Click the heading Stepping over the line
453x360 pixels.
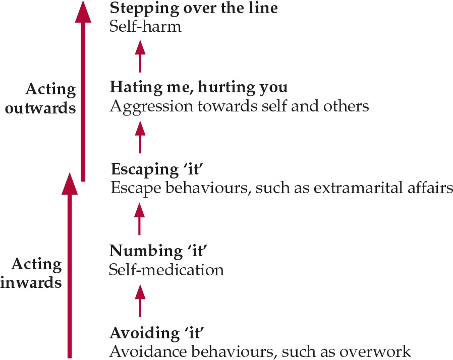click(194, 8)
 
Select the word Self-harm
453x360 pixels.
click(145, 26)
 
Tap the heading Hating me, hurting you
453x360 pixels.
click(199, 87)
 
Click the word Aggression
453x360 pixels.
click(151, 107)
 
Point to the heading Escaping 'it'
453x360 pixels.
click(157, 169)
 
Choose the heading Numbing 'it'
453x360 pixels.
click(158, 251)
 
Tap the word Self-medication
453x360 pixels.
click(166, 270)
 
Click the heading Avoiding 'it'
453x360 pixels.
click(157, 333)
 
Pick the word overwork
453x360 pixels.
click(375, 351)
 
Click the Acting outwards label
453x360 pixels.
click(40, 98)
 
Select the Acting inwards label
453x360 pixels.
click(31, 273)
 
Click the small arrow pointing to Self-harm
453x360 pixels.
click(140, 56)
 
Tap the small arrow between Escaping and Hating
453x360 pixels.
click(140, 137)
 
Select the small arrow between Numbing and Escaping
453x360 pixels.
click(140, 219)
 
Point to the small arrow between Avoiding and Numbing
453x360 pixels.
click(140, 301)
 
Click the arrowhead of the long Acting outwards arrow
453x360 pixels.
click(83, 12)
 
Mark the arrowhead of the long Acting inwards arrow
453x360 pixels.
click(70, 184)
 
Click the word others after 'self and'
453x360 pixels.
click(346, 106)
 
